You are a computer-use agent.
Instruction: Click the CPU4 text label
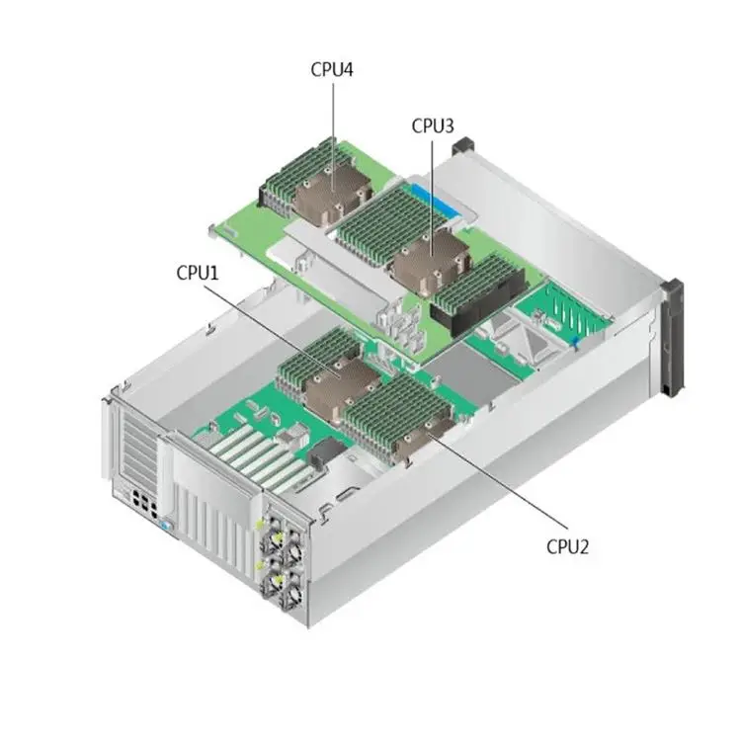coord(332,69)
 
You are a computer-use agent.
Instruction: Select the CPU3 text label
coord(433,125)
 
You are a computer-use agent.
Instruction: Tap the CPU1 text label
coord(198,273)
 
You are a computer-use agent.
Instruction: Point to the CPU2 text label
coord(567,546)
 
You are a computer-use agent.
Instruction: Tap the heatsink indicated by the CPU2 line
coord(424,441)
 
